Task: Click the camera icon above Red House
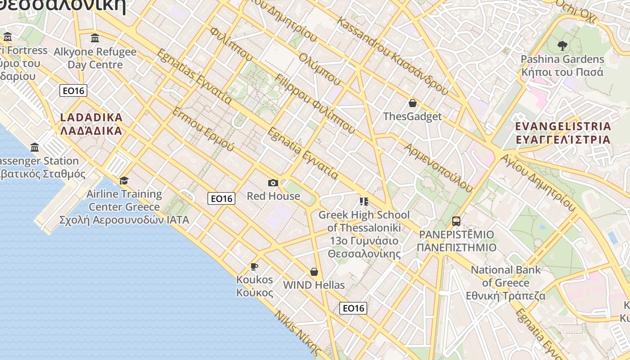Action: pyautogui.click(x=273, y=183)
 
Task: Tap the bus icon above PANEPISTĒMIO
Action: pyautogui.click(x=456, y=221)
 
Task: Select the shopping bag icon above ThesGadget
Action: pyautogui.click(x=412, y=103)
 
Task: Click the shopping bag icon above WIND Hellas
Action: pyautogui.click(x=314, y=272)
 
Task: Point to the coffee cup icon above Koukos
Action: pyautogui.click(x=254, y=266)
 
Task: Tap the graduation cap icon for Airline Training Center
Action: pyautogui.click(x=124, y=180)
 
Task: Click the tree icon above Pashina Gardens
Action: pyautogui.click(x=562, y=45)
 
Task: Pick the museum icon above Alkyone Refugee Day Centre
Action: pyautogui.click(x=95, y=38)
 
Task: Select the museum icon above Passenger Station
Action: pyautogui.click(x=35, y=147)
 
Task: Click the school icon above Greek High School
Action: pyautogui.click(x=364, y=201)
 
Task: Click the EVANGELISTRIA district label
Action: pyautogui.click(x=563, y=133)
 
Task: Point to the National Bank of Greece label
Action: pyautogui.click(x=506, y=283)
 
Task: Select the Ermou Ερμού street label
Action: pyautogui.click(x=203, y=129)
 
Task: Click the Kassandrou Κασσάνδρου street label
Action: pyautogui.click(x=392, y=57)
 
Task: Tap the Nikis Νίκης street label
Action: pyautogui.click(x=298, y=333)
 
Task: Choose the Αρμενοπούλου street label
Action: pyautogui.click(x=438, y=167)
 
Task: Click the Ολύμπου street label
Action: pyautogui.click(x=320, y=69)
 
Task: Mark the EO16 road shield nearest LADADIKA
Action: pyautogui.click(x=73, y=91)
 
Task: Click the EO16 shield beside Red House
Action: pyautogui.click(x=221, y=198)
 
